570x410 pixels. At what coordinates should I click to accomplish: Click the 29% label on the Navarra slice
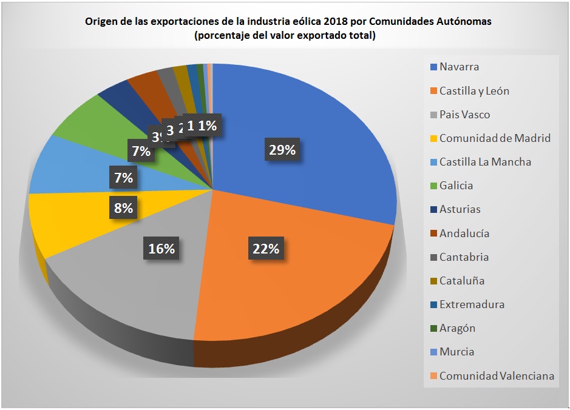pos(282,150)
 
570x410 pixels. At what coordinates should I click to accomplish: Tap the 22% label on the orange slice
pos(265,248)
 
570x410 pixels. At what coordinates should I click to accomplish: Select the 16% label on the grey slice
pos(161,248)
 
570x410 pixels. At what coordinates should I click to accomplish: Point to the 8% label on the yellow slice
pos(124,208)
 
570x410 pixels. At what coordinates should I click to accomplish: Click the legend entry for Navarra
pos(459,67)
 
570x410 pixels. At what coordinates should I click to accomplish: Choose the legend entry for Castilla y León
pos(474,91)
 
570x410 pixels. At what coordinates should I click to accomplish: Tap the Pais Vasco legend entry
pos(464,115)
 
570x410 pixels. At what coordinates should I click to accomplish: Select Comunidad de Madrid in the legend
pos(495,138)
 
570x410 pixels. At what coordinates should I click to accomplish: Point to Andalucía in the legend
pos(464,233)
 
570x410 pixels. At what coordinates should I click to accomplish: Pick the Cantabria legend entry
pos(464,257)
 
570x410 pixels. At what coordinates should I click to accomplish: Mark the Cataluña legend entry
pos(461,281)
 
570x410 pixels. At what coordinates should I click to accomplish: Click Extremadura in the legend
pos(472,304)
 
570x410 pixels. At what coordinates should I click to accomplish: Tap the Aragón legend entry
pos(457,328)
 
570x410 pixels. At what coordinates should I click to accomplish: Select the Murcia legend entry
pos(456,352)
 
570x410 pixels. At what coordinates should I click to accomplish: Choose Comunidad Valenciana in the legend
pos(497,376)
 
